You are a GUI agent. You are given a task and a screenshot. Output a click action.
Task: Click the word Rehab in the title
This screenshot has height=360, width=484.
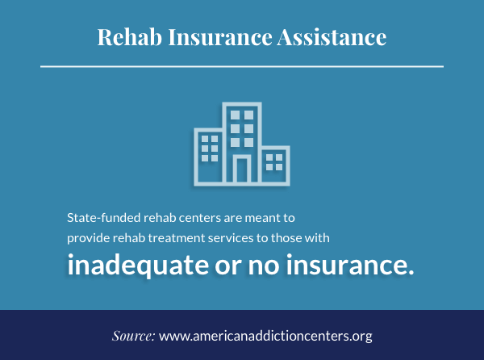click(130, 37)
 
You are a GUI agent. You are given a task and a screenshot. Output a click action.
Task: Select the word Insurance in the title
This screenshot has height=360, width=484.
click(220, 37)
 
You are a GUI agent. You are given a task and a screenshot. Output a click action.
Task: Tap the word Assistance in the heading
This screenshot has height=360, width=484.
click(332, 37)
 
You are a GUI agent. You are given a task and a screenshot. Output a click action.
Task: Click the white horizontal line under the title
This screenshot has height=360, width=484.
click(242, 66)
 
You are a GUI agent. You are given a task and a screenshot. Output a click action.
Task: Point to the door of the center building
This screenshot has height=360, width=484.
click(242, 170)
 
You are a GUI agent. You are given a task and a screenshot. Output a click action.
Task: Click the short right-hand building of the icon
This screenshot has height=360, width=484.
click(276, 165)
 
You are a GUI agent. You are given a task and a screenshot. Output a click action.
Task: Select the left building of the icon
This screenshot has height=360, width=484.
click(208, 157)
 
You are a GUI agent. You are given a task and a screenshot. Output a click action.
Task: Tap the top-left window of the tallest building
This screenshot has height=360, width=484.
click(235, 115)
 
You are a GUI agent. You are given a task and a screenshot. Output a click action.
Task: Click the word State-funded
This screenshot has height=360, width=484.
click(104, 218)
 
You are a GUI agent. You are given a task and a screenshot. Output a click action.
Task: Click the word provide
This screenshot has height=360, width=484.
click(88, 238)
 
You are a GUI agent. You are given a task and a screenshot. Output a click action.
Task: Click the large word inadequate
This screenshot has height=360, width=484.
click(138, 265)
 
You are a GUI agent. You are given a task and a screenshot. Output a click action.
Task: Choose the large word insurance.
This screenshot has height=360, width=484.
click(350, 265)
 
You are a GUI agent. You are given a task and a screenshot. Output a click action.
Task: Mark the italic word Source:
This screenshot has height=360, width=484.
click(133, 336)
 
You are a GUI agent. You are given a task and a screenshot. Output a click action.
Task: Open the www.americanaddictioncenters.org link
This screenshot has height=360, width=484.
click(265, 337)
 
